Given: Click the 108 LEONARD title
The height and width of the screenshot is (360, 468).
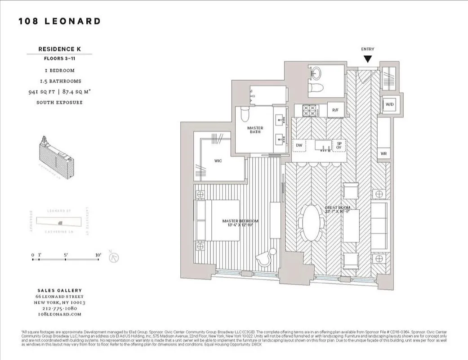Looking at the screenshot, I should [60, 21].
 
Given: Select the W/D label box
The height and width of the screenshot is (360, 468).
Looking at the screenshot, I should [388, 104].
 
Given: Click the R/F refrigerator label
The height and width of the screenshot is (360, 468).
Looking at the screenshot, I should [335, 110].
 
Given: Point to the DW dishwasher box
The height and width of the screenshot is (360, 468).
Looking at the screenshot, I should [299, 145].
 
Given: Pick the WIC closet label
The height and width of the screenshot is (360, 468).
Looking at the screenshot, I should [218, 160].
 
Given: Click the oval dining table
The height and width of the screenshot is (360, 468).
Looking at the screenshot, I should [309, 225].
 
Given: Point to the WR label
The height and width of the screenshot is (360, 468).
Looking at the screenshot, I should [383, 153].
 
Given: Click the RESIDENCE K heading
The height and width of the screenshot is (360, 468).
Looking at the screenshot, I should [59, 49].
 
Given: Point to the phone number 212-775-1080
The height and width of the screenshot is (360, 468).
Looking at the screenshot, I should [59, 309].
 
